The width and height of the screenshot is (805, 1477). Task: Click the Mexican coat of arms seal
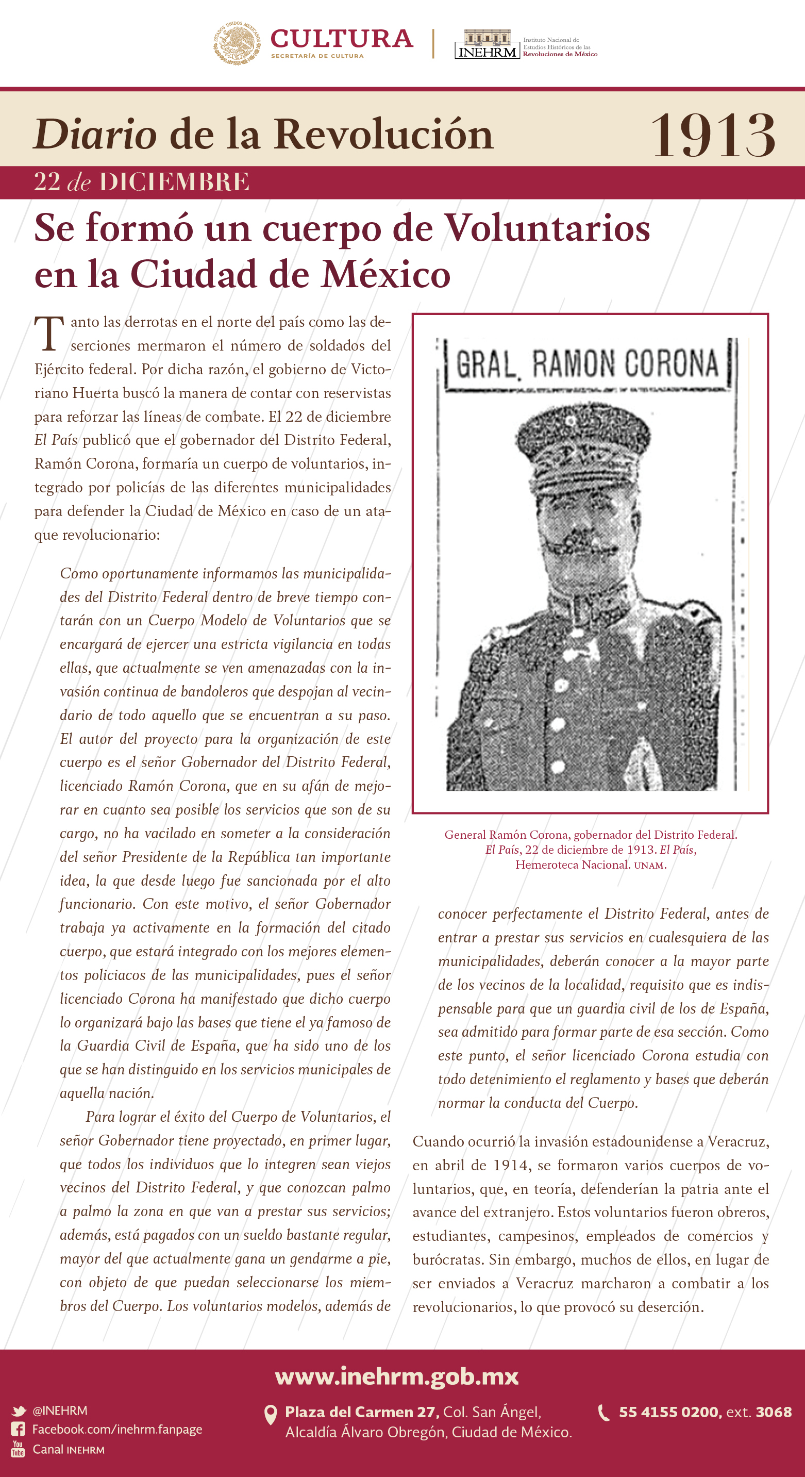point(238,42)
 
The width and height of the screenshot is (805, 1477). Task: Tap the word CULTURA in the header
point(342,39)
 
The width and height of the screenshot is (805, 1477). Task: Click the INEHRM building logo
point(487,44)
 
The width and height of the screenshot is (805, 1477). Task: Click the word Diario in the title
point(95,134)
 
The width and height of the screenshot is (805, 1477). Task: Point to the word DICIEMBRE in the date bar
point(174,182)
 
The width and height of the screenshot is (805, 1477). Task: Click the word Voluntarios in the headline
point(547,228)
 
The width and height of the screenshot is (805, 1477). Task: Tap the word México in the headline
point(386,274)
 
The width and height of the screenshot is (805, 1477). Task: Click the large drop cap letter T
point(49,333)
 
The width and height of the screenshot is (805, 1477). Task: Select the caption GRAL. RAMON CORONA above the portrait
point(586,363)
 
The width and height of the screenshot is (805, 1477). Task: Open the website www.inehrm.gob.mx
point(397,1376)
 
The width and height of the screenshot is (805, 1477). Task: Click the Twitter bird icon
point(19,1411)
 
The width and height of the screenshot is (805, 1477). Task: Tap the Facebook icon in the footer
point(19,1429)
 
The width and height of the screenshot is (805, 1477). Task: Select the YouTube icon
point(19,1449)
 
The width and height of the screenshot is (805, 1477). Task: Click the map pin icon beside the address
point(270,1415)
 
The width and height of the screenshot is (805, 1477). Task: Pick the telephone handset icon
point(604,1412)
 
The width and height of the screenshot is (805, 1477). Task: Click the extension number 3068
point(774,1412)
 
